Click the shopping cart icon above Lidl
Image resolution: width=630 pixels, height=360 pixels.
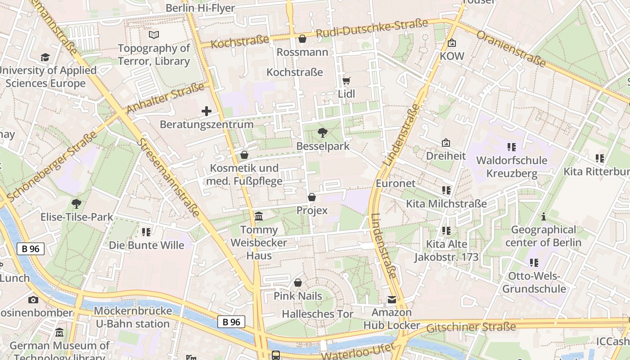click(346, 81)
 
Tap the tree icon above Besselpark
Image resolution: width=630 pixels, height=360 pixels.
click(322, 133)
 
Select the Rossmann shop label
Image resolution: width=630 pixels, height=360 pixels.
click(302, 52)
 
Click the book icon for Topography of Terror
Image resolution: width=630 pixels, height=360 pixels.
click(154, 35)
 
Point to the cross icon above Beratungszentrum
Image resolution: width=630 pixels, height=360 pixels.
click(207, 111)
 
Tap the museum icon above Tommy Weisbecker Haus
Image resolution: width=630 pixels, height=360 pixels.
click(259, 216)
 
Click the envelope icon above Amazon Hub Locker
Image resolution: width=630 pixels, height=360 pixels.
click(392, 300)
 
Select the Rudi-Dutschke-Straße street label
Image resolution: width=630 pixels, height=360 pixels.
click(372, 29)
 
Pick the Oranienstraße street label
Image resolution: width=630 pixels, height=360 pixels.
click(511, 49)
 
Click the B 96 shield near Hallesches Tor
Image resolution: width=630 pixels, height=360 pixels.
click(231, 322)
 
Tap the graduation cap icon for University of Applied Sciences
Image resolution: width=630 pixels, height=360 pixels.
click(45, 57)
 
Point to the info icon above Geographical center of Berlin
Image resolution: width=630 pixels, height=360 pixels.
click(544, 216)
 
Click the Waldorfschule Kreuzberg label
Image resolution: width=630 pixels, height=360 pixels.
click(512, 166)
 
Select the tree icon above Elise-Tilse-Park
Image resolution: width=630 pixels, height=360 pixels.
click(76, 204)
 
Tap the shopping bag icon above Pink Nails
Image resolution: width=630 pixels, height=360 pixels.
click(297, 283)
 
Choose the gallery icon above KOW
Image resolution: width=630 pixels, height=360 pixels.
click(452, 43)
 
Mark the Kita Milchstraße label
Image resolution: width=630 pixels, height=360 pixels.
click(446, 203)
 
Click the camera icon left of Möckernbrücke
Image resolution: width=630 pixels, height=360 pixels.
click(33, 300)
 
